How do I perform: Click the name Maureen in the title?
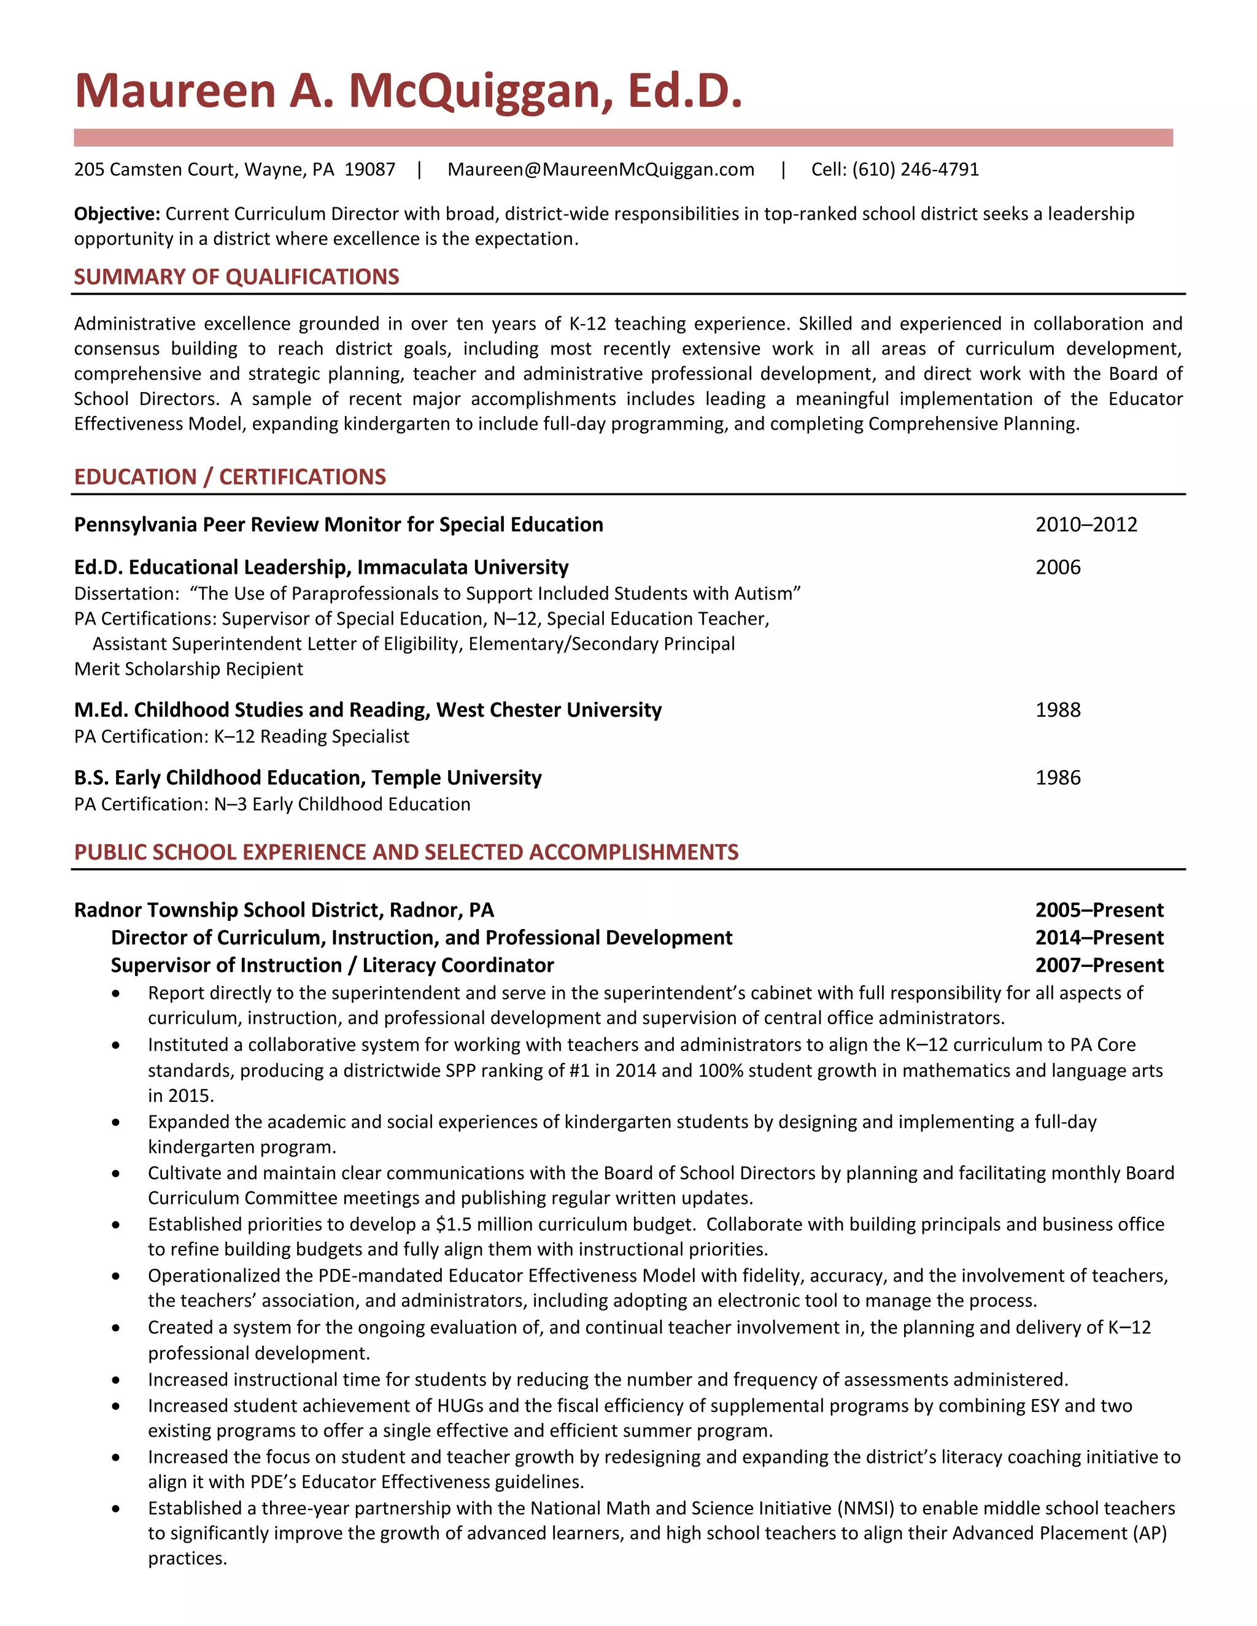click(x=176, y=91)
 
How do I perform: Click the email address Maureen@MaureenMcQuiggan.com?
click(x=600, y=170)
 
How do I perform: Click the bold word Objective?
click(x=117, y=214)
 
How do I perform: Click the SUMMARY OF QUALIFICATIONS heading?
click(x=236, y=277)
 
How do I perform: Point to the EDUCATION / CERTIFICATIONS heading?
click(x=230, y=477)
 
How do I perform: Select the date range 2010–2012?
click(x=1086, y=525)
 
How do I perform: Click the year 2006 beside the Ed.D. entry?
click(x=1058, y=568)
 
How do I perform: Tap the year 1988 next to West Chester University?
click(x=1058, y=711)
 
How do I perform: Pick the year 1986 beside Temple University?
click(x=1058, y=778)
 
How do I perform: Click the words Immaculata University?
click(x=462, y=568)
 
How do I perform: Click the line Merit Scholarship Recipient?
click(x=188, y=669)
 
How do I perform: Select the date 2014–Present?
click(x=1099, y=938)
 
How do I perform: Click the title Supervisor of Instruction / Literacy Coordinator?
click(x=332, y=966)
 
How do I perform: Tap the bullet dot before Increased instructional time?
click(x=115, y=1381)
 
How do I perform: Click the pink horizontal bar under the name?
click(x=622, y=137)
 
